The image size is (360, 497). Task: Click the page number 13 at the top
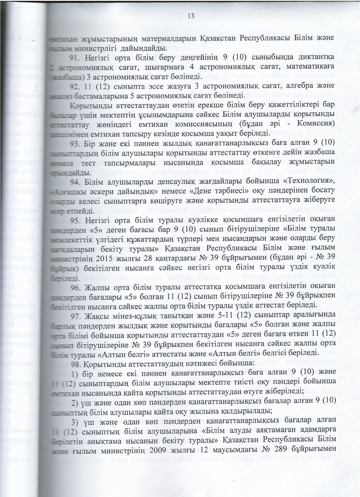(191, 16)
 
